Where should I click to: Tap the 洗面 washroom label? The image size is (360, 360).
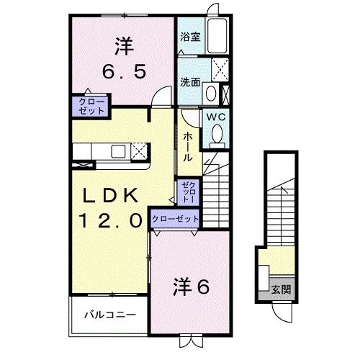click(x=190, y=81)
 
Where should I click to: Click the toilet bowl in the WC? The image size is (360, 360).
click(x=215, y=133)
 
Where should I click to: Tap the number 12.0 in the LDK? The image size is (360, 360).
click(x=108, y=221)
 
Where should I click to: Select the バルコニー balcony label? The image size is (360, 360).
click(x=109, y=315)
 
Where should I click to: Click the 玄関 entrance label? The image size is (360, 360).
click(x=280, y=290)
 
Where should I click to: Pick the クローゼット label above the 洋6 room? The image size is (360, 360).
click(x=175, y=218)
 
